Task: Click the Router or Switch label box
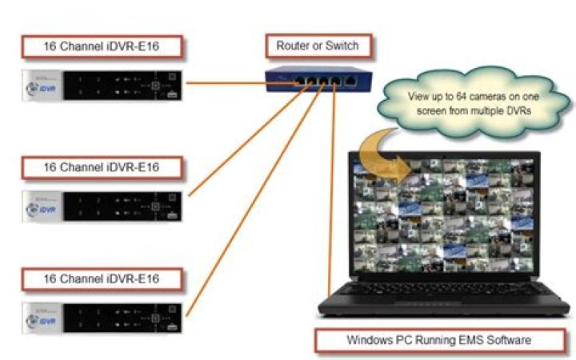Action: [318, 46]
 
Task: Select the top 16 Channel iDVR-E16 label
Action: [102, 46]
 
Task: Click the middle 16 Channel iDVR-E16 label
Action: [102, 168]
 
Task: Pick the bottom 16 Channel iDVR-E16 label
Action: [102, 279]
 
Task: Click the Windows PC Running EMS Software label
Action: [439, 340]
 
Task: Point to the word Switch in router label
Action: [342, 46]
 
